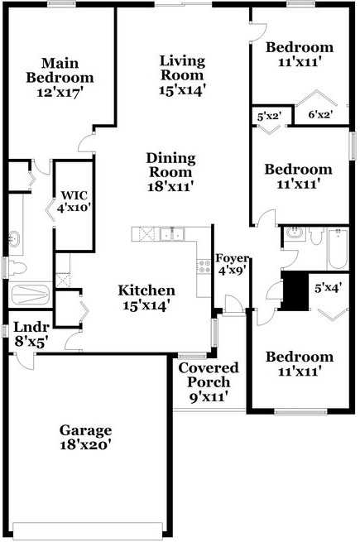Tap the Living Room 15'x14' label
click(x=182, y=75)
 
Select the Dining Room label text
click(x=170, y=172)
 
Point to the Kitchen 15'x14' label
click(x=146, y=298)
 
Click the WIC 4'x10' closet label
click(x=73, y=202)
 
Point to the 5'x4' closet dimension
click(x=328, y=289)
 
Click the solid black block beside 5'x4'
click(x=294, y=291)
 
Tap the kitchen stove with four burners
click(x=203, y=266)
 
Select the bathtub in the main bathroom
click(x=32, y=295)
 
